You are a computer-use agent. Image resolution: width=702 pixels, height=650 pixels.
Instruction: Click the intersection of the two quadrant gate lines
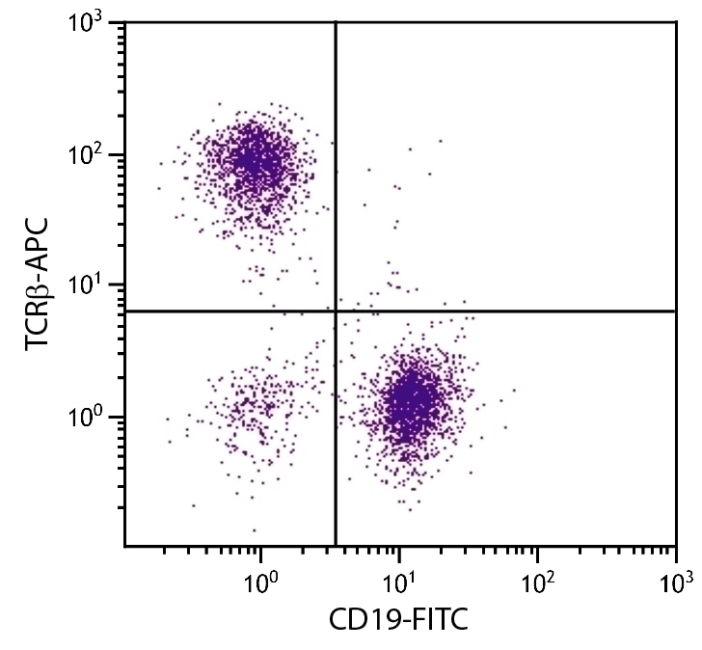click(x=336, y=311)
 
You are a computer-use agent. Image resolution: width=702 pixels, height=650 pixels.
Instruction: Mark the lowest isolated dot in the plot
click(x=255, y=529)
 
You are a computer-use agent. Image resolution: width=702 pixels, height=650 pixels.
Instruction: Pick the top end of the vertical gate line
click(x=336, y=23)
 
